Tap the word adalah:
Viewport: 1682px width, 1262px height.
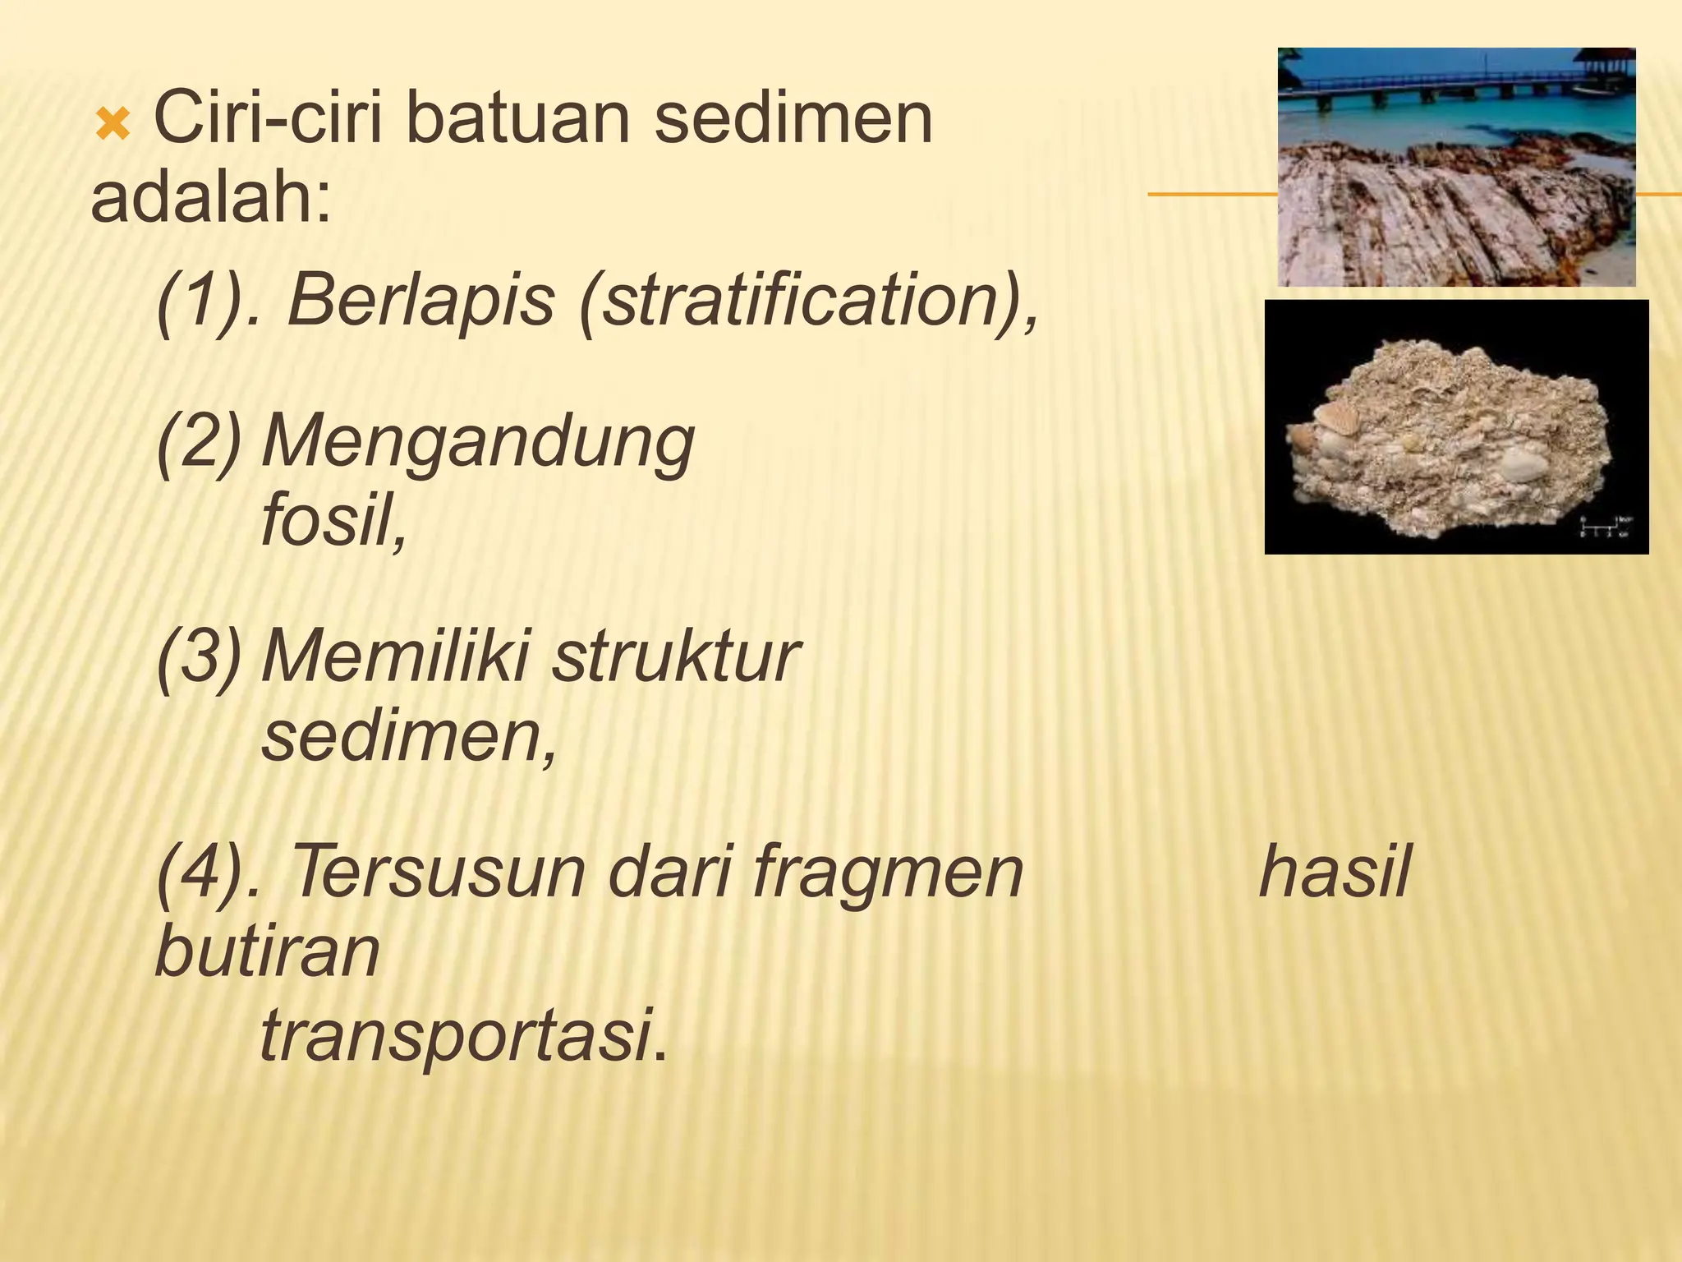[211, 199]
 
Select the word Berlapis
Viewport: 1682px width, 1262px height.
[420, 300]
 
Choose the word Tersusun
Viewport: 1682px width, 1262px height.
[436, 872]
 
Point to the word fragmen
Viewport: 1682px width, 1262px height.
[888, 873]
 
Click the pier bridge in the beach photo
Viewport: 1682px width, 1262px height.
[1445, 87]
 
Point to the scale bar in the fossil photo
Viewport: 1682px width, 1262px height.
[1602, 527]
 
